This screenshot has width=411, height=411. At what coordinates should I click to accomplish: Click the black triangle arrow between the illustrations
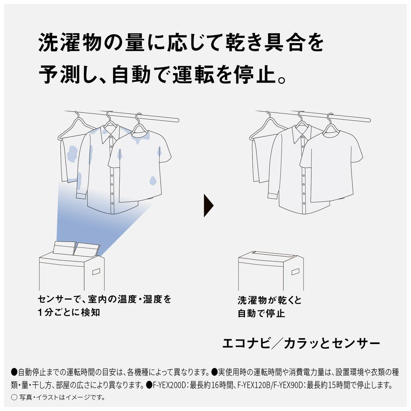click(x=208, y=205)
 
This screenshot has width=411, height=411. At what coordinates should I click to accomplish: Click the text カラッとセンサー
click(x=332, y=343)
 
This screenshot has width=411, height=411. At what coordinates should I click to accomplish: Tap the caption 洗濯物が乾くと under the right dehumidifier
click(x=270, y=300)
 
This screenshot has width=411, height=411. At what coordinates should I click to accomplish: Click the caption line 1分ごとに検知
click(x=69, y=312)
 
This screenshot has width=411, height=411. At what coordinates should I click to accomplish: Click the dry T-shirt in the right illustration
click(x=331, y=165)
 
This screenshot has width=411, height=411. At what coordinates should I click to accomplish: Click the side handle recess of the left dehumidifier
click(x=96, y=271)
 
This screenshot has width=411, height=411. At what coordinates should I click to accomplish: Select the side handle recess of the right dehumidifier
click(x=296, y=271)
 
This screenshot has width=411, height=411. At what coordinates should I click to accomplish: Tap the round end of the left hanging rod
click(x=177, y=120)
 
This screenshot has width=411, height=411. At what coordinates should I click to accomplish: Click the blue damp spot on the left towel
click(x=72, y=153)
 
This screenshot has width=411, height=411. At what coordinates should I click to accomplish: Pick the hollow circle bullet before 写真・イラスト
click(x=14, y=397)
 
